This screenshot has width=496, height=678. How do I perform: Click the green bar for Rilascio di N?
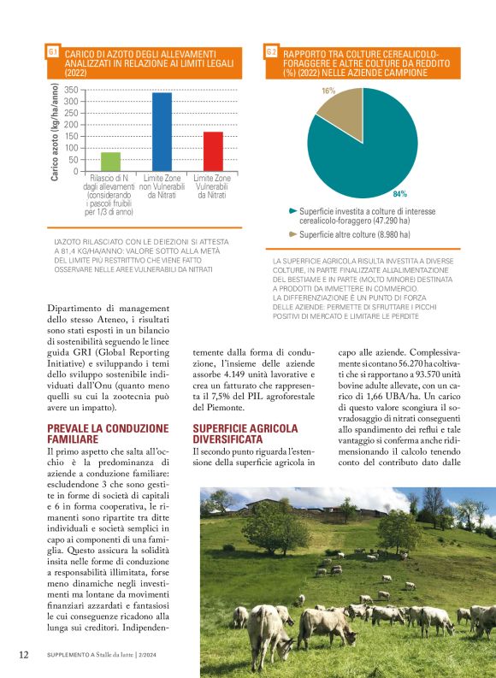(110, 162)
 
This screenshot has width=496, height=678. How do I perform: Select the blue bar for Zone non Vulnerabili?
(162, 132)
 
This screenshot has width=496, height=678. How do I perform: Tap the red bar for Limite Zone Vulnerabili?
(213, 151)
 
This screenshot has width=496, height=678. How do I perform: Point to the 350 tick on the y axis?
(71, 90)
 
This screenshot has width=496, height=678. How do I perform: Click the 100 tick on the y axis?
(71, 148)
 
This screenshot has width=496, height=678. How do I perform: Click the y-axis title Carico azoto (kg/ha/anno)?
(54, 129)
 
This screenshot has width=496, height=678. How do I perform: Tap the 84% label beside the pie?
(399, 194)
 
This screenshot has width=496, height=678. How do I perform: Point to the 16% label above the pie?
(328, 90)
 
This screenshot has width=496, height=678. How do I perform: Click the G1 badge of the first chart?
(53, 52)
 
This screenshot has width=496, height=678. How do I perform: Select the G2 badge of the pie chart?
(271, 52)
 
